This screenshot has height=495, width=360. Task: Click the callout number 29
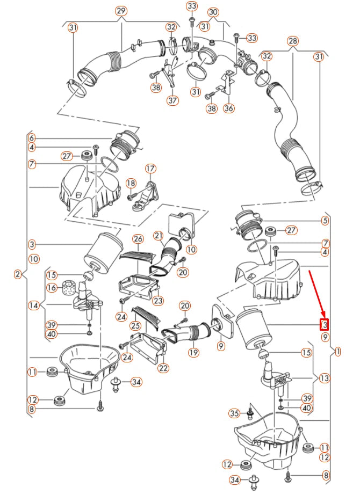pos(121,11)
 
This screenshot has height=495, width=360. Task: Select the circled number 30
pos(213,13)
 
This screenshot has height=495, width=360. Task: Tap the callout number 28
pos(293,41)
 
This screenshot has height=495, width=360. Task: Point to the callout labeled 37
pos(173,101)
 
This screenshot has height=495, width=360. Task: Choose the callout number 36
pos(229,108)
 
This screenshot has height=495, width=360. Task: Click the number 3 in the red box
pos(325,324)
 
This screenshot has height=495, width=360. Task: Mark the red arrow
pos(316,293)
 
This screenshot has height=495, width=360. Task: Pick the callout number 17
pos(150,169)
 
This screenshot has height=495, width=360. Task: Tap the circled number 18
pos(131,184)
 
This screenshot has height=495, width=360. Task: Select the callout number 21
pos(159,236)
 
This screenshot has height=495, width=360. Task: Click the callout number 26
pos(138,239)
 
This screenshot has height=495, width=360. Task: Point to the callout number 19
pos(194,352)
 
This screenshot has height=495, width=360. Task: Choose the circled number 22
pos(163,368)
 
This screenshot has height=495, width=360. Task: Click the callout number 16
pos(52,288)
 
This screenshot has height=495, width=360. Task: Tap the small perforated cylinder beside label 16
pos(67,287)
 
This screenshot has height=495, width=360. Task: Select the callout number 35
pos(234,413)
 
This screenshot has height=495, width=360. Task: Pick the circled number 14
pos(34,305)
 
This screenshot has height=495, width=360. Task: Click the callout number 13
pos(325,378)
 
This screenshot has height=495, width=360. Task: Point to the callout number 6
pos(31,139)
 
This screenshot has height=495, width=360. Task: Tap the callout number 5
pos(325,221)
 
